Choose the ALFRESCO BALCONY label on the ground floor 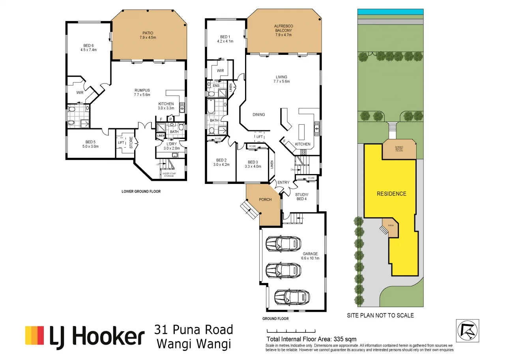(283, 30)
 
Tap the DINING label (258, 115)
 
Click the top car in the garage (283, 244)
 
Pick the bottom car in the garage (292, 296)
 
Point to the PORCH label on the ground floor (265, 199)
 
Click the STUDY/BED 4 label (301, 196)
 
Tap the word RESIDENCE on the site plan (391, 193)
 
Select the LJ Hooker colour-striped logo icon (34, 336)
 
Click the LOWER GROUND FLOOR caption (141, 191)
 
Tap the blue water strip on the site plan (390, 12)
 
